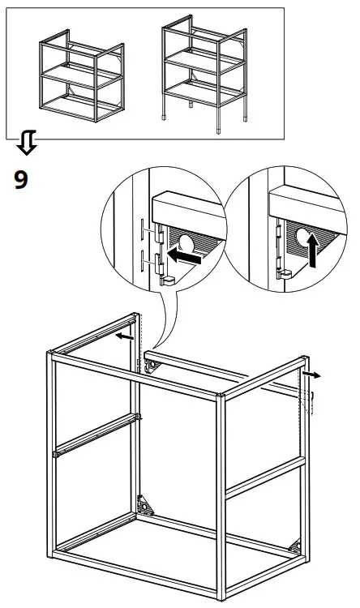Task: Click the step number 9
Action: tap(21, 179)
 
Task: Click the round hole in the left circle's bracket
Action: tap(185, 241)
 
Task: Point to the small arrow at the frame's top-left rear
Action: tap(122, 333)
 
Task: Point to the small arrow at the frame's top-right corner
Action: tap(312, 375)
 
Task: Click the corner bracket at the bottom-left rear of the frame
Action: tap(148, 507)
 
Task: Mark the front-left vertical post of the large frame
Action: tap(51, 462)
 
